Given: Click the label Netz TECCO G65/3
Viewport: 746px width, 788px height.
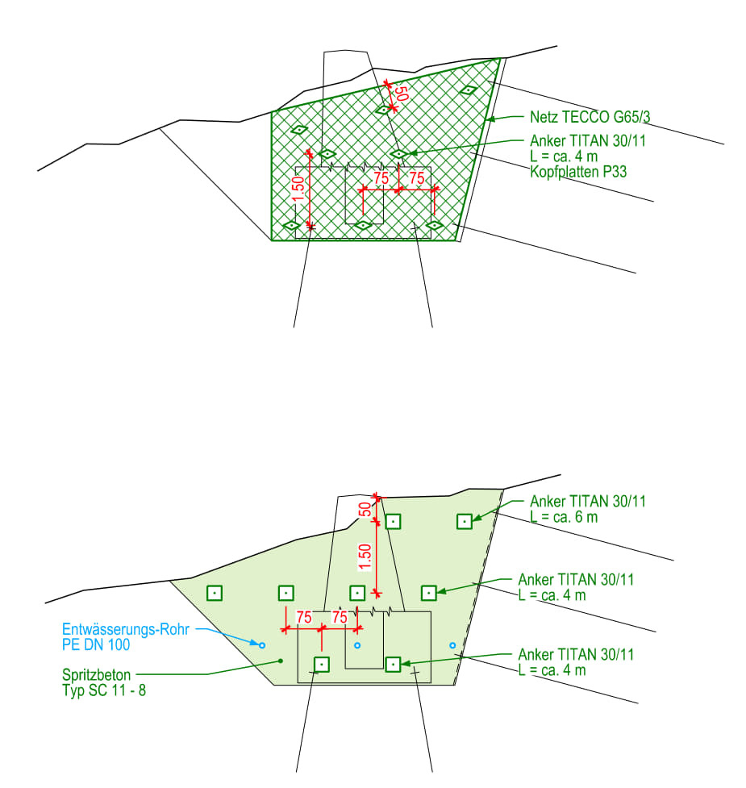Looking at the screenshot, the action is point(590,117).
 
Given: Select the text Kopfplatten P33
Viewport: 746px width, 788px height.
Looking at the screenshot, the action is point(578,172).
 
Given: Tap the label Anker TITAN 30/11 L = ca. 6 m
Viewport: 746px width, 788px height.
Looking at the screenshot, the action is point(587,509).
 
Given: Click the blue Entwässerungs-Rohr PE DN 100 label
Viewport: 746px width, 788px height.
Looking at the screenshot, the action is point(126,636).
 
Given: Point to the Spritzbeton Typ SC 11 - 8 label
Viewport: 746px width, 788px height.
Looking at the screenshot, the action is point(104,682).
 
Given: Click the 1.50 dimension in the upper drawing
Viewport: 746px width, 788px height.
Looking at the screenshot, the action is point(298,189).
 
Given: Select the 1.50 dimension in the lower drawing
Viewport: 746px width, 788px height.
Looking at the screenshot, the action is point(365,557).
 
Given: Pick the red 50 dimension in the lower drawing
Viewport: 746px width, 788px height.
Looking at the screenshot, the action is point(366,509).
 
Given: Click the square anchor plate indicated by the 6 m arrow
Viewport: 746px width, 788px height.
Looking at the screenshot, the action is point(465,522).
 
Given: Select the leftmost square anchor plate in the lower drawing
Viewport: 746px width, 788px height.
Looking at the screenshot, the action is point(215,593).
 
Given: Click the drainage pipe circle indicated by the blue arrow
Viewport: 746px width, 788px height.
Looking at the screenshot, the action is point(261,644).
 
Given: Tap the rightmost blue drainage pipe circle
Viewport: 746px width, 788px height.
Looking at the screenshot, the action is point(452,644).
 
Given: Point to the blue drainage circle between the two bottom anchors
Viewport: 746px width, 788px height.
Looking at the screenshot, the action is point(357,644).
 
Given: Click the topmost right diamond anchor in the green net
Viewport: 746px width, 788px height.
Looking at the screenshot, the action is point(469,90).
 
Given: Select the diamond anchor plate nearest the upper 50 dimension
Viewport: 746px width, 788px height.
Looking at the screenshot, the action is point(383,110).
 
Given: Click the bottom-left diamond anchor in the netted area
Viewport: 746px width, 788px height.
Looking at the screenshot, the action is point(291,225).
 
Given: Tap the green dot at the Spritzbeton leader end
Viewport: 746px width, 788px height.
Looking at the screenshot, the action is point(281,661).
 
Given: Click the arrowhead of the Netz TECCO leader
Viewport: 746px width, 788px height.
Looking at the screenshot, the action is point(490,119).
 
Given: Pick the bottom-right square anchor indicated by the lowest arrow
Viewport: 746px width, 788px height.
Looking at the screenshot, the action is point(393,665).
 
